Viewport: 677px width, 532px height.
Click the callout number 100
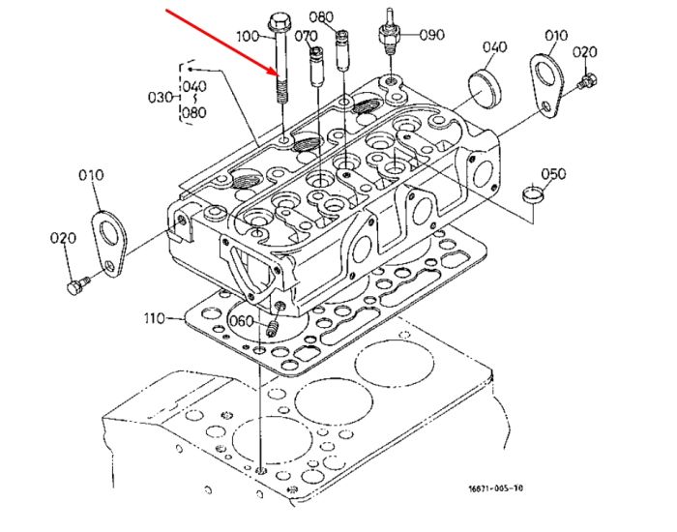click(248, 36)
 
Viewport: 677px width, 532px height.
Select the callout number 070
click(306, 37)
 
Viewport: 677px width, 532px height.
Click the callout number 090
click(431, 35)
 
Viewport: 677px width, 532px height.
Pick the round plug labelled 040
click(485, 89)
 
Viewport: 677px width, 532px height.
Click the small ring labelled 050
click(533, 193)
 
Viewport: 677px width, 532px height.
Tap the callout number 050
click(553, 173)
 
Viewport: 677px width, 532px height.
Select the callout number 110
click(154, 318)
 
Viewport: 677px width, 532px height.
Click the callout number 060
click(241, 321)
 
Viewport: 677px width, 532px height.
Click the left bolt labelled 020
click(77, 285)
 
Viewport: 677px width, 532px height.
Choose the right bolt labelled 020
click(586, 82)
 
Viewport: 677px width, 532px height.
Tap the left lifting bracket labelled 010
click(108, 245)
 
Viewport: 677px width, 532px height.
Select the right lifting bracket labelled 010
click(547, 86)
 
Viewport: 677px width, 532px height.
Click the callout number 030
click(160, 97)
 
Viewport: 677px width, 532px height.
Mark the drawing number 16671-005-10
click(495, 488)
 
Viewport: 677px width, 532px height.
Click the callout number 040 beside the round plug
click(494, 46)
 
